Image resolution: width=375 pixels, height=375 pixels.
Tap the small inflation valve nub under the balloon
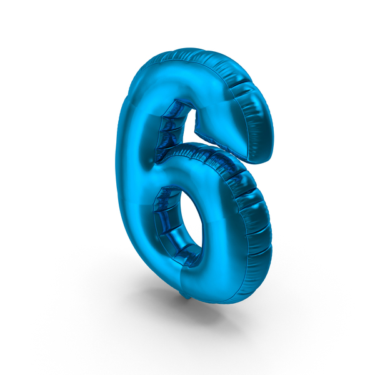pos(187,296)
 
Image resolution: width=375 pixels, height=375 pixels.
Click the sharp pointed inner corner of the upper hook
pos(196,131)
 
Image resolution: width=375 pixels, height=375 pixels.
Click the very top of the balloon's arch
pos(189,49)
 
